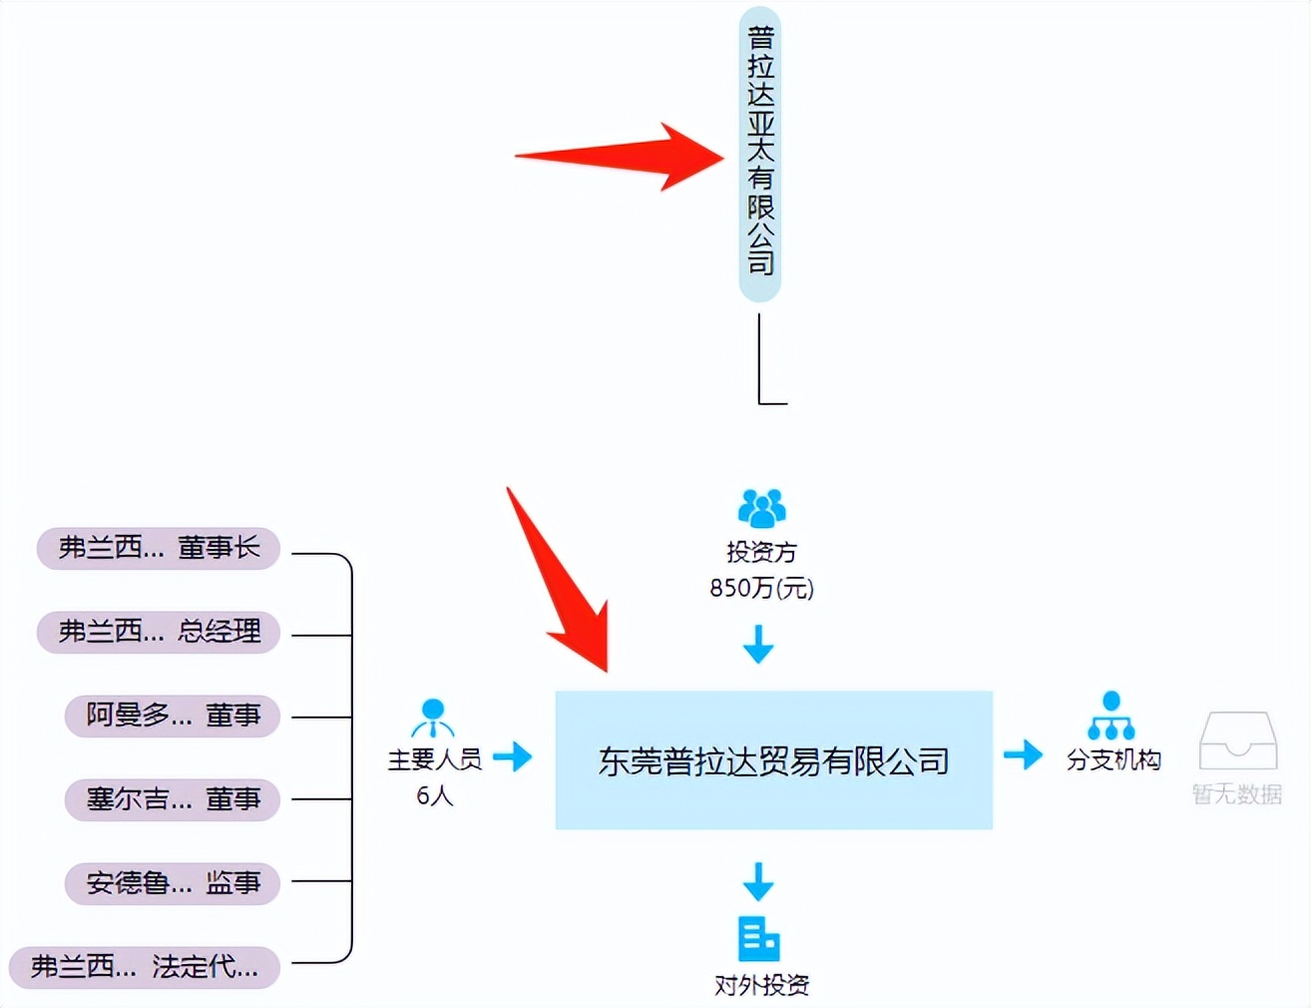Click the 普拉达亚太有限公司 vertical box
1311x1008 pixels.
coord(759,154)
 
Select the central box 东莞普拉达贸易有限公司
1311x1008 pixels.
coord(773,759)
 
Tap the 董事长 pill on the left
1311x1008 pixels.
coord(159,548)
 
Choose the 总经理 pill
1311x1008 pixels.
coord(159,632)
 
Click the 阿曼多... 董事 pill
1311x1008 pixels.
coord(172,716)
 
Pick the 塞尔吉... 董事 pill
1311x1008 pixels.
coord(172,799)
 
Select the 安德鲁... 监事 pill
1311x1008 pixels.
coord(172,883)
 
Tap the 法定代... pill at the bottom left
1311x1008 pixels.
coord(145,967)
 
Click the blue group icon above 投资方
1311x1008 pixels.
coord(761,508)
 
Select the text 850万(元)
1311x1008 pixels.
coord(761,588)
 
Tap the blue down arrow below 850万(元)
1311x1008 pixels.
coord(758,644)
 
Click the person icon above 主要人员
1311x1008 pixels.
coord(433,717)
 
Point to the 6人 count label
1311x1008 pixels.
coord(434,795)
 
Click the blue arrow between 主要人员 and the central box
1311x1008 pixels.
coord(513,756)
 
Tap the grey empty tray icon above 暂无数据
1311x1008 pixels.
coord(1237,741)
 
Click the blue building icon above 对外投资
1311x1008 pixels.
coord(758,938)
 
